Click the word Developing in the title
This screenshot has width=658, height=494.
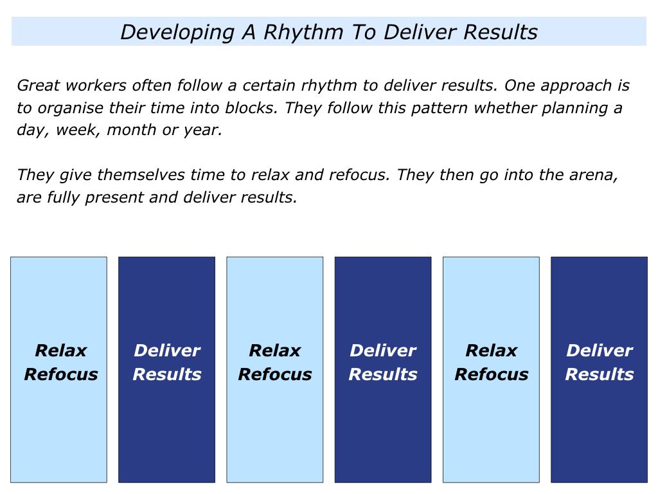(177, 33)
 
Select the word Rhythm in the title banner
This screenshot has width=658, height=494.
(304, 33)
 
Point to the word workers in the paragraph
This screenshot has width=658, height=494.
(96, 86)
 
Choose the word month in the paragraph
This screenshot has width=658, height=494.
(132, 130)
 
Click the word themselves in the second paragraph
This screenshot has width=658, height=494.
(141, 175)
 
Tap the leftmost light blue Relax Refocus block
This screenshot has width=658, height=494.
(58, 370)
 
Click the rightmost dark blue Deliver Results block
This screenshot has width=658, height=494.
(600, 370)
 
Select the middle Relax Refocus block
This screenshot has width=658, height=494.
(275, 370)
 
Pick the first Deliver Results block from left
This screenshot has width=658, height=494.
(166, 370)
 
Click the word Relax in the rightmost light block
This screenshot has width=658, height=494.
(492, 351)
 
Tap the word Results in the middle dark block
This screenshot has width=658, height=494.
(383, 374)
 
